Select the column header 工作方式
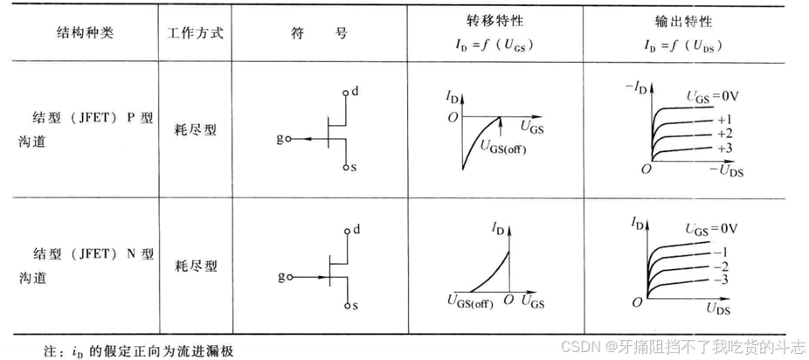(195, 33)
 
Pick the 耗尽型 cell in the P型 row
(195, 130)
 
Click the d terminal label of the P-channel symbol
(354, 90)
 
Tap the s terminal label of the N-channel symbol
(354, 306)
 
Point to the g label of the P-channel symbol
(280, 139)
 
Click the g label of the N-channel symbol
(280, 277)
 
